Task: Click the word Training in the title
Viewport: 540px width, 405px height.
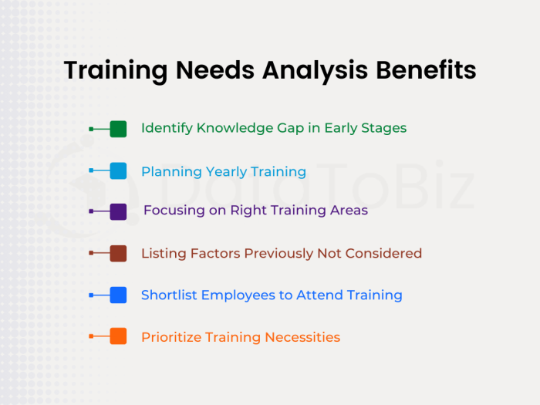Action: coord(113,70)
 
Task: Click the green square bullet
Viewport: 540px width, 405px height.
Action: coord(118,129)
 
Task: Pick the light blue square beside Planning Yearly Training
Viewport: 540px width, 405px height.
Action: coord(118,171)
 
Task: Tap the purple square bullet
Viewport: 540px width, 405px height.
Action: coord(118,212)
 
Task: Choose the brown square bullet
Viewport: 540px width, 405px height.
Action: coord(118,253)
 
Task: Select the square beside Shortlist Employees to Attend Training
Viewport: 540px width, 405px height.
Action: coord(118,295)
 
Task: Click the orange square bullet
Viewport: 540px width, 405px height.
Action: coord(118,336)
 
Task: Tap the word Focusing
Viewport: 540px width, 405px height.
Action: coord(174,211)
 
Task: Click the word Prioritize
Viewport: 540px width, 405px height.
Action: coord(170,337)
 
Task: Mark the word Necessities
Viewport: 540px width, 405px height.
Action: coord(302,337)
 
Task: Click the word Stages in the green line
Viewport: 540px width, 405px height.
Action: coord(384,129)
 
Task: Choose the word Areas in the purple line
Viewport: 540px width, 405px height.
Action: coord(348,211)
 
